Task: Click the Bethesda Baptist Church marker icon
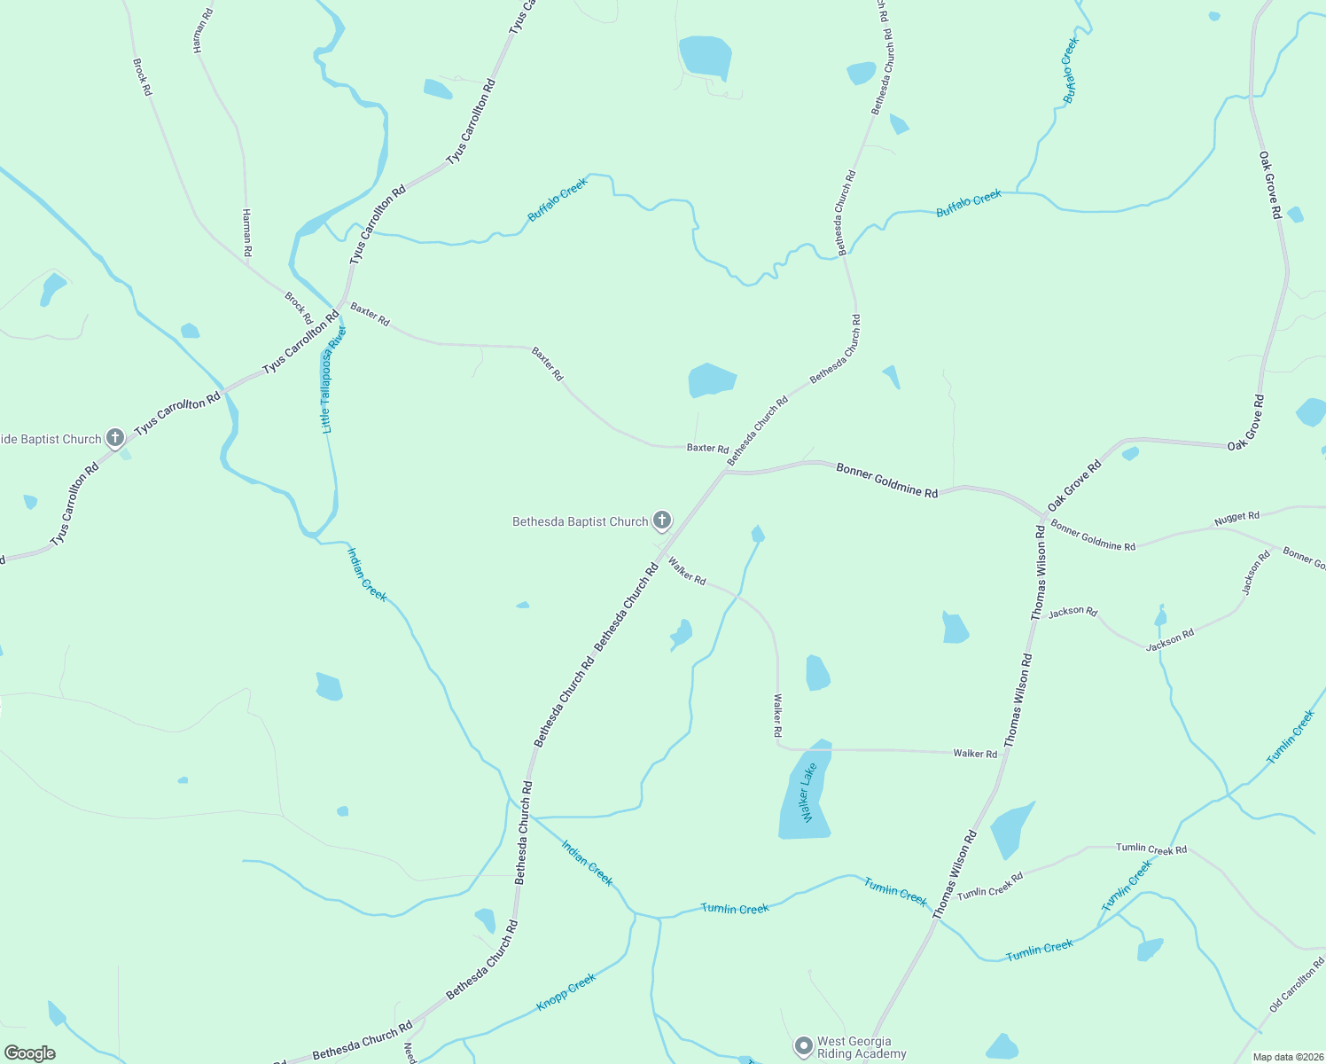[661, 520]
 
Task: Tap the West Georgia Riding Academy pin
[804, 1046]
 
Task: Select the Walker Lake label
[807, 793]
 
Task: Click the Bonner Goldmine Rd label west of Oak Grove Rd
[886, 480]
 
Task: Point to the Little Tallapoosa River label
[333, 379]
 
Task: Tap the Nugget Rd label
[1236, 518]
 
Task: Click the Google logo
[30, 1052]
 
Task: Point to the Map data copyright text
[1288, 1057]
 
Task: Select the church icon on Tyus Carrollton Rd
[115, 437]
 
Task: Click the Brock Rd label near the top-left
[142, 77]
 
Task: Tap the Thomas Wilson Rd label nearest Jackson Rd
[1039, 572]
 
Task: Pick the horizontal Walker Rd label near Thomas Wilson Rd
[975, 754]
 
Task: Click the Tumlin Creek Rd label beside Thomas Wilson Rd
[990, 884]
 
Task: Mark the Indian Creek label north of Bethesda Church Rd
[367, 575]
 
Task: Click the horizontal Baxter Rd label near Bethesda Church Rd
[707, 448]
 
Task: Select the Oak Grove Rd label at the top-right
[1270, 184]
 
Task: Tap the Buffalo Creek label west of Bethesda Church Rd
[558, 199]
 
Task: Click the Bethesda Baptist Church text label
[581, 521]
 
